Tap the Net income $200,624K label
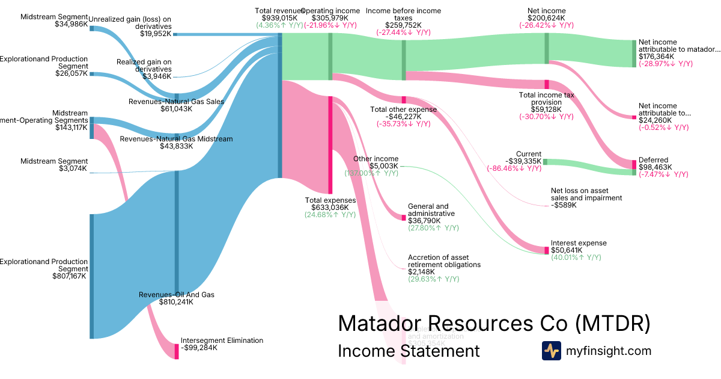tap(546, 11)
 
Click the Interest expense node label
tap(579, 243)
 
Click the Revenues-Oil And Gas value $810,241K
tap(177, 302)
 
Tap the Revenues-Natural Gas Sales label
tap(176, 102)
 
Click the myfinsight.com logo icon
tap(551, 351)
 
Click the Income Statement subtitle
tap(409, 351)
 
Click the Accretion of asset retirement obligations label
tap(444, 261)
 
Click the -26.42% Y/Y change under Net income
tap(546, 25)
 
